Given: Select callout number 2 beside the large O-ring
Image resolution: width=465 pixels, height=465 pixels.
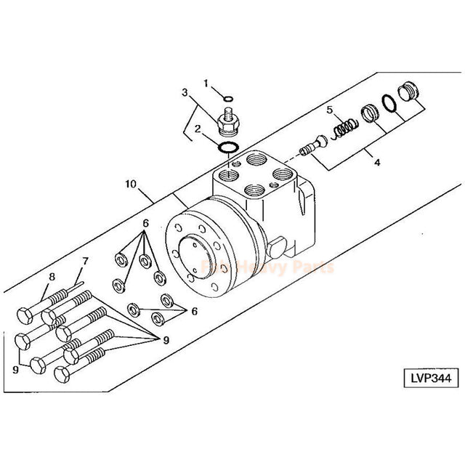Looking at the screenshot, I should click(198, 129).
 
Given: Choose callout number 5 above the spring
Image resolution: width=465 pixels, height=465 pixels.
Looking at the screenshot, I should click(329, 110).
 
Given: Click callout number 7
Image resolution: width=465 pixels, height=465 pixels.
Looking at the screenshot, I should click(85, 261).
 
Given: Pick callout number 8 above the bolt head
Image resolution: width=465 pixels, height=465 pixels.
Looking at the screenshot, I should click(52, 276).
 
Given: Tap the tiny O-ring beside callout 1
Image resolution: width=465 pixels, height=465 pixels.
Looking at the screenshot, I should click(229, 99).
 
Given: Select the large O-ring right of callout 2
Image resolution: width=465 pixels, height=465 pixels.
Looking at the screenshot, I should click(230, 148).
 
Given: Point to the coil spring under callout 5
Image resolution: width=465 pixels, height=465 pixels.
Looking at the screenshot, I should click(344, 129).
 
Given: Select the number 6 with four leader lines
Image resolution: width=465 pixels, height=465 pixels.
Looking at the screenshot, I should click(145, 223).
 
